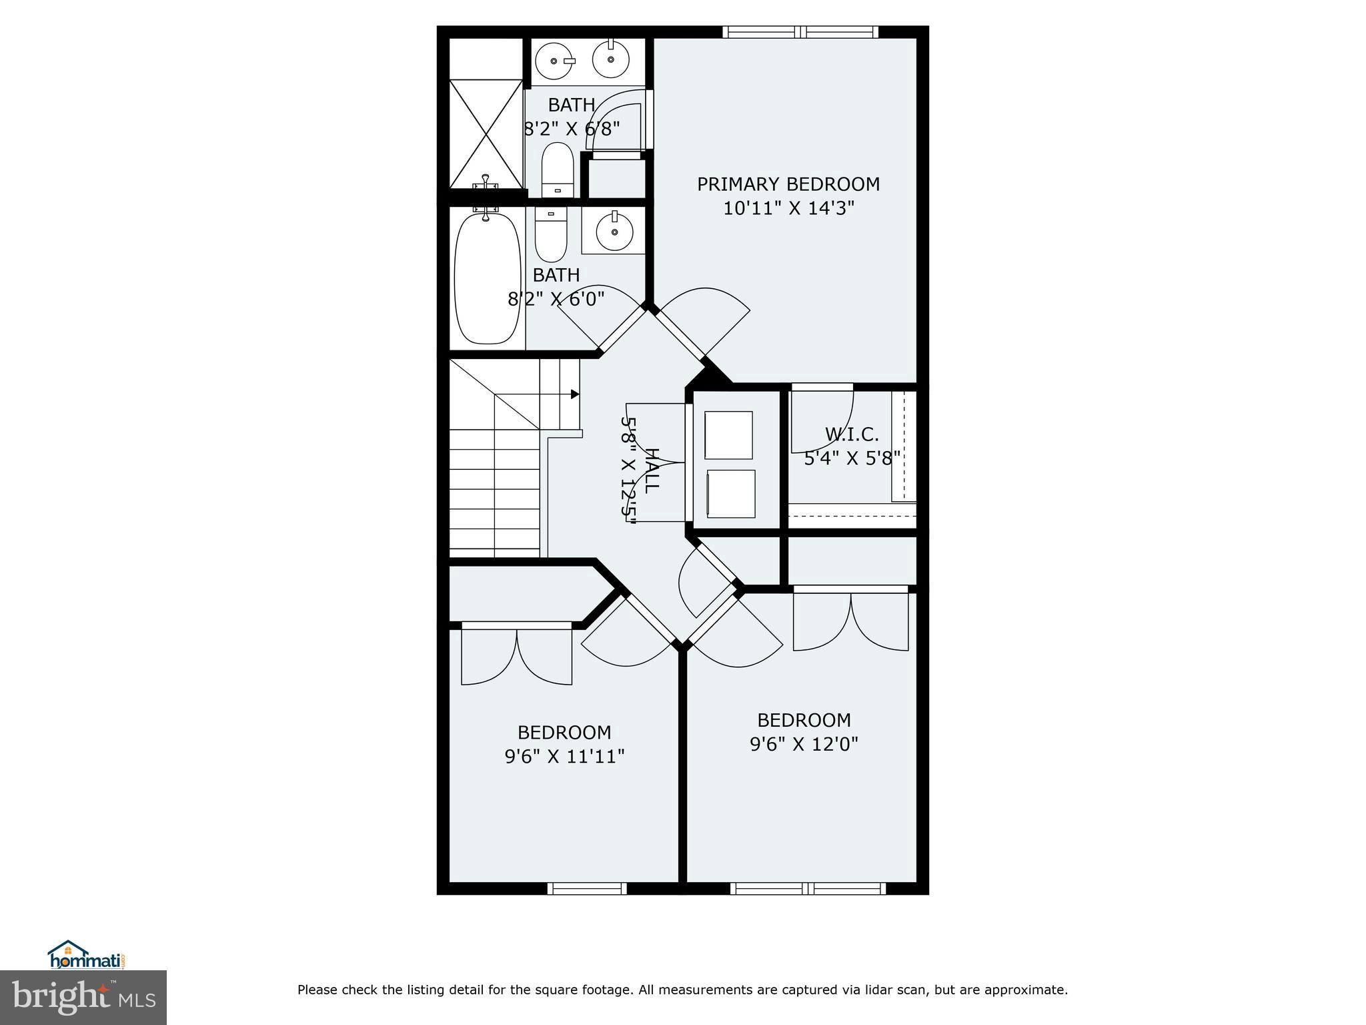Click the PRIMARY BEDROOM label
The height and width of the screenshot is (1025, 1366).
point(788,184)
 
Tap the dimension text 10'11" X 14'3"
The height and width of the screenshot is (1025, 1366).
point(788,209)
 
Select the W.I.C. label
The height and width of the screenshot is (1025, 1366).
point(852,434)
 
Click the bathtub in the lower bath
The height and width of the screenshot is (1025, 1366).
point(487,278)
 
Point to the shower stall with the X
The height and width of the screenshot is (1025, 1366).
point(486,133)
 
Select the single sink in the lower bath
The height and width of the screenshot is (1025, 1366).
point(614,230)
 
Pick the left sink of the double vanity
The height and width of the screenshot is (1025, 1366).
point(555,61)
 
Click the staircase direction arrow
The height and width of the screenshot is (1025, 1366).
point(574,394)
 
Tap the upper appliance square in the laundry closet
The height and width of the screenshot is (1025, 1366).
point(728,434)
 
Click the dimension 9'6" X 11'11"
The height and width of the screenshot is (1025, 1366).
point(564,757)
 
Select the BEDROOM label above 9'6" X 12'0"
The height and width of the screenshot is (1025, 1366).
point(804,720)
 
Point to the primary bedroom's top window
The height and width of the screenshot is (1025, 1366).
point(800,32)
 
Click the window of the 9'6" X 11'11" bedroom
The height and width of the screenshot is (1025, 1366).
point(587,888)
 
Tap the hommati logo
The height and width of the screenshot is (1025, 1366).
point(87,955)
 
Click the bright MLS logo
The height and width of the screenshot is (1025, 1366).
point(83,997)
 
